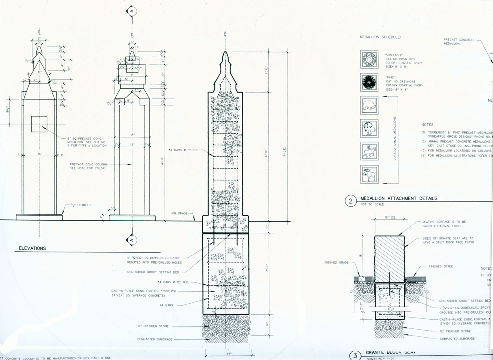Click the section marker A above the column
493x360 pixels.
point(132,11)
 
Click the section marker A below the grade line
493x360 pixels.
point(132,240)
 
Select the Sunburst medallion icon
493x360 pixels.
point(369,59)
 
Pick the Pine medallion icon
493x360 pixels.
point(369,82)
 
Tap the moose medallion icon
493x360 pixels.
point(369,174)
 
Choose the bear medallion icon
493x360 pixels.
point(369,105)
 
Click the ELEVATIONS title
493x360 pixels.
point(32,248)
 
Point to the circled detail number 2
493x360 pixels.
point(351,201)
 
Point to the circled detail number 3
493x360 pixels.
point(355,356)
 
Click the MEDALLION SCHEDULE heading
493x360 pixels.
point(380,37)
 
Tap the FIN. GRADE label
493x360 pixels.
point(180,214)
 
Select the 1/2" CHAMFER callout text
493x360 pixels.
point(81,205)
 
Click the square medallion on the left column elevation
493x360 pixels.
point(39,124)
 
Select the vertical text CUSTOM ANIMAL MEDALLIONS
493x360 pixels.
point(395,138)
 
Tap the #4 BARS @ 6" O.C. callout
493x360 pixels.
point(184,150)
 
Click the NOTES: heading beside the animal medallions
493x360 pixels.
point(428,125)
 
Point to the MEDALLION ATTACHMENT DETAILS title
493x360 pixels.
point(399,198)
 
